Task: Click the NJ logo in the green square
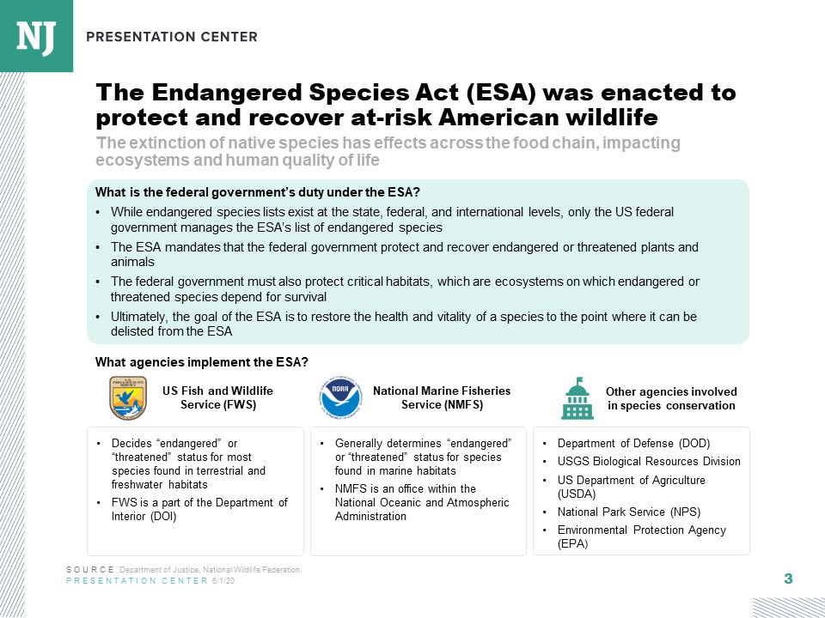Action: point(36,35)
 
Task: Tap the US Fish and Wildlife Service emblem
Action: point(127,397)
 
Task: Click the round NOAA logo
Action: point(339,397)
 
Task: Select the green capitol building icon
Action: point(577,398)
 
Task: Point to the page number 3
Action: point(788,579)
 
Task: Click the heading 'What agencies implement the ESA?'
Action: point(202,362)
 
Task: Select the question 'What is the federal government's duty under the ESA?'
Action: point(257,191)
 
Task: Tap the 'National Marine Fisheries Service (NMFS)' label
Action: point(442,397)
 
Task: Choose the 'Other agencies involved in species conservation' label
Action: point(671,398)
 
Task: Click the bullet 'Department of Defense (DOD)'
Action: point(633,444)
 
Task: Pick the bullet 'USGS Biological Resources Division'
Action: point(648,461)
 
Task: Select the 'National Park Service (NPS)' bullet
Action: point(628,512)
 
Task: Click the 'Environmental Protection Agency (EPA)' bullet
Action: point(641,536)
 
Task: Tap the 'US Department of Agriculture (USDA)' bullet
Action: point(631,487)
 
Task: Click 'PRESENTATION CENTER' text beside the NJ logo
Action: point(172,37)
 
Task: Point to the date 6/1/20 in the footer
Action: point(223,581)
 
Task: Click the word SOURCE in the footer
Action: point(89,570)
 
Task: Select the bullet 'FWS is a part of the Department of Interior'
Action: point(199,509)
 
